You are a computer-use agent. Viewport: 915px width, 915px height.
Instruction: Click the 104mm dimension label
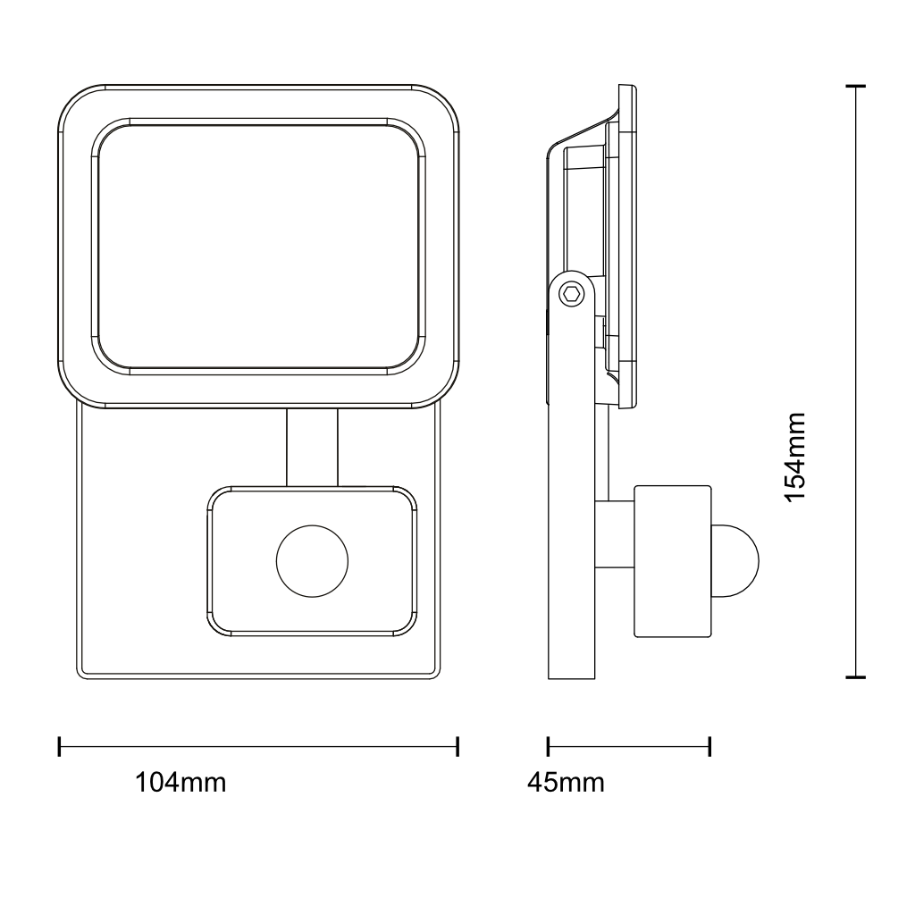tap(180, 783)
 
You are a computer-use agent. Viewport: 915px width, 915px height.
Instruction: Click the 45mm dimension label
tap(566, 783)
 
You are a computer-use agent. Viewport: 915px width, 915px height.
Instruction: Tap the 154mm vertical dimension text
tap(794, 457)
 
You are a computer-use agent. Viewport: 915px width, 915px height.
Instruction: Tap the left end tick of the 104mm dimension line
tap(60, 746)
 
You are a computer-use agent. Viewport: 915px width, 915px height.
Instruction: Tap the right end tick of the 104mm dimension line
tap(457, 746)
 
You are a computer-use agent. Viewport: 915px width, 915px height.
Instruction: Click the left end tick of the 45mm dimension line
tap(548, 746)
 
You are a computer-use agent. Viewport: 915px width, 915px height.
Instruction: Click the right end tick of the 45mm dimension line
tap(710, 746)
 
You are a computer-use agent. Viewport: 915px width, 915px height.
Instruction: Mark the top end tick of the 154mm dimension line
tap(856, 87)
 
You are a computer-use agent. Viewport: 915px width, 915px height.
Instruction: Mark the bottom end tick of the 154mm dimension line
tap(856, 677)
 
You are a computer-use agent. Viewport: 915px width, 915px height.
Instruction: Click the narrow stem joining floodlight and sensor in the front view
tap(312, 447)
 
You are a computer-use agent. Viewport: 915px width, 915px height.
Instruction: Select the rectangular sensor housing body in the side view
tap(672, 561)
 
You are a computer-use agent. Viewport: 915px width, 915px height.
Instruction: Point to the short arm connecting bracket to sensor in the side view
tap(614, 534)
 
